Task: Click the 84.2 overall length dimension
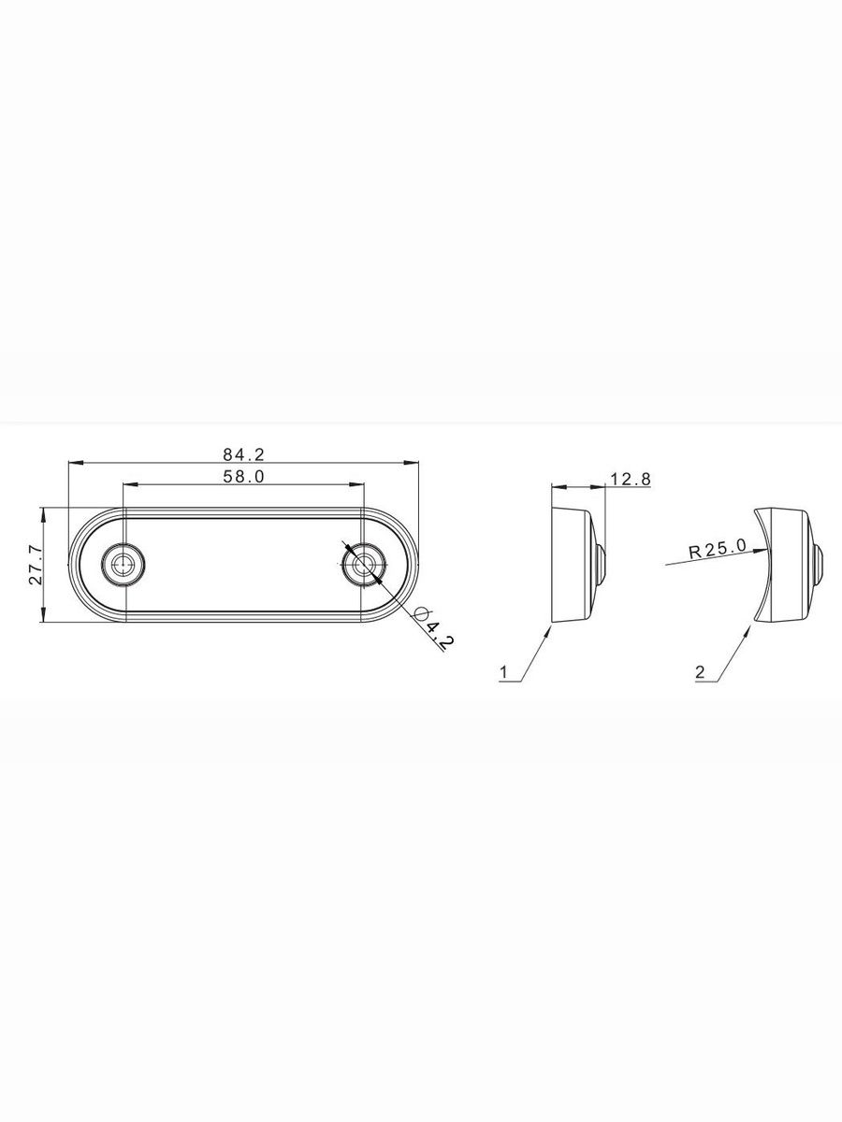click(243, 453)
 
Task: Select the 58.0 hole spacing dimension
click(243, 477)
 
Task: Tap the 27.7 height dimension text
click(36, 565)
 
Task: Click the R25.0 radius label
click(718, 550)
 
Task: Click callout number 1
click(504, 671)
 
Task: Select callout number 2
click(700, 671)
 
